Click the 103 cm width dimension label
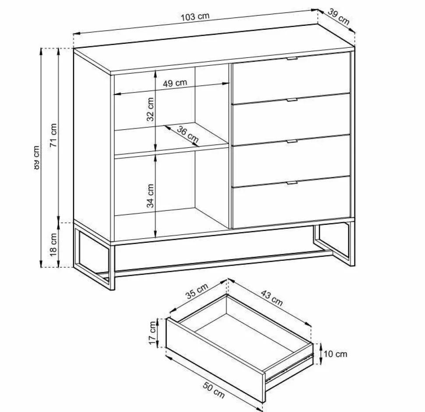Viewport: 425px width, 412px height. (x=195, y=17)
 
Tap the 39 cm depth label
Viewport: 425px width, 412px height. (x=339, y=17)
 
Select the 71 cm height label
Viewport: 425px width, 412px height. (x=53, y=135)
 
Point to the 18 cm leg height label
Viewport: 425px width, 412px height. (x=53, y=245)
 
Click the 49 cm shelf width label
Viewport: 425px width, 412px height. (x=175, y=83)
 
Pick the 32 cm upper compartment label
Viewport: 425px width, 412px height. (x=150, y=109)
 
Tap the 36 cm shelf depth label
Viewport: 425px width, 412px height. (x=188, y=135)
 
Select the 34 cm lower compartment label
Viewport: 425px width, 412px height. (x=150, y=195)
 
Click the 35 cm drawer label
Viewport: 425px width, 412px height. (x=197, y=291)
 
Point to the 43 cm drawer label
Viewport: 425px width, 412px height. (x=272, y=298)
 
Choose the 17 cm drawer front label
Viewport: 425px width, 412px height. (x=153, y=333)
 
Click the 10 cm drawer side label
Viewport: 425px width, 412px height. (x=335, y=354)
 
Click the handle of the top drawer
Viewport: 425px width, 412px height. (x=292, y=59)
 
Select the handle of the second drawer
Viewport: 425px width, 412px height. (x=292, y=100)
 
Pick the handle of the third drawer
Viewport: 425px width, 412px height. (x=292, y=142)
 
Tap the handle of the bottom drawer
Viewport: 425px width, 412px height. (x=292, y=183)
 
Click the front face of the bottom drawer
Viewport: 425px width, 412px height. (x=292, y=202)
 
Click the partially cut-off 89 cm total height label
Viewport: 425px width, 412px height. (x=37, y=157)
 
